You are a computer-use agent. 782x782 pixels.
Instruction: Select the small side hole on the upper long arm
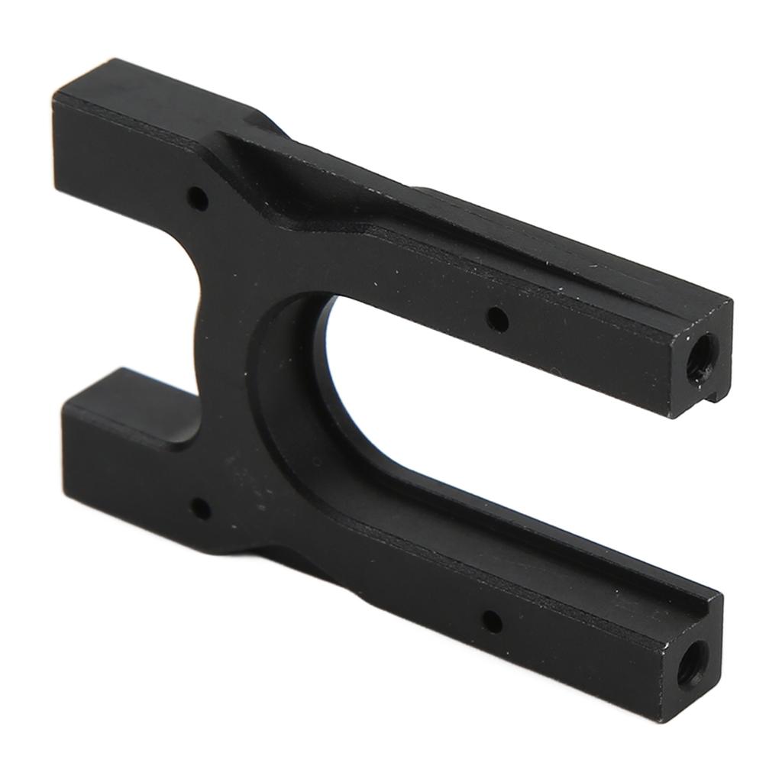497,318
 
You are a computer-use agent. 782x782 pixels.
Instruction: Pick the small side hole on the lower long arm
492,622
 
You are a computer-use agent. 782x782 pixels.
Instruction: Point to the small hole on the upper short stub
198,200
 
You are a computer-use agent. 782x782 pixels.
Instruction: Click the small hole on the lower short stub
200,507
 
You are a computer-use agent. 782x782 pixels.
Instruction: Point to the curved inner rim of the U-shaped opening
298,382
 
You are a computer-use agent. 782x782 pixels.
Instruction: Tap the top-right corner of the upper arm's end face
732,302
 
